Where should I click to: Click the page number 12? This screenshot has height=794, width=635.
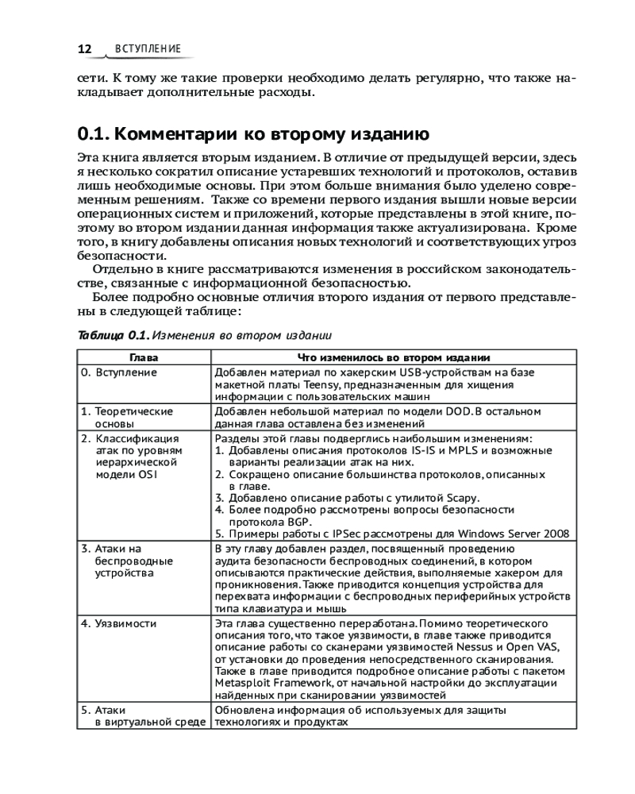pyautogui.click(x=84, y=49)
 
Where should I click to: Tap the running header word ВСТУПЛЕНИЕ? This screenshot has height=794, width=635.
pyautogui.click(x=148, y=49)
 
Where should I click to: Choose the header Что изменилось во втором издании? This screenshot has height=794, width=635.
pyautogui.click(x=394, y=357)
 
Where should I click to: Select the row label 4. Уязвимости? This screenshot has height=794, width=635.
pyautogui.click(x=119, y=623)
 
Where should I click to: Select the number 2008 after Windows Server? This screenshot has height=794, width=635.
pyautogui.click(x=556, y=534)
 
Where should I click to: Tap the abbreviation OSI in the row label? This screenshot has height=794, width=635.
pyautogui.click(x=148, y=474)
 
